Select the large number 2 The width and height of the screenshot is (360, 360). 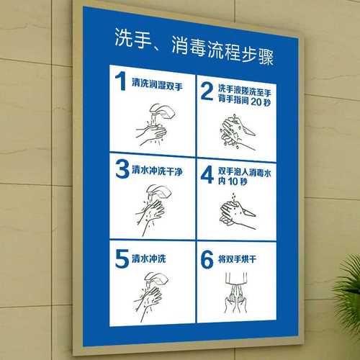[207, 91]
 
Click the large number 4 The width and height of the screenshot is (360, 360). [207, 176]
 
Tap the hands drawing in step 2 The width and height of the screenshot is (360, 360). [235, 128]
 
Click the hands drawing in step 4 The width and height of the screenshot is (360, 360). [235, 210]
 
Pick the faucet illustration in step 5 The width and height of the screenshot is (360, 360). [156, 282]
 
